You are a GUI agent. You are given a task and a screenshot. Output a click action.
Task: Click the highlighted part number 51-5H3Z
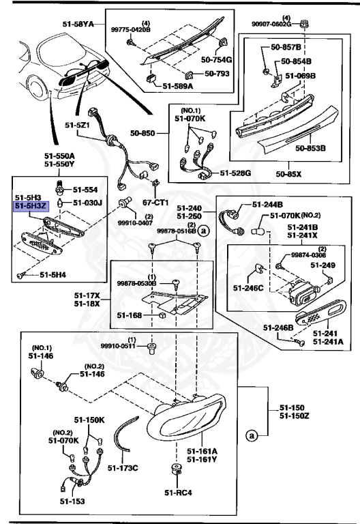pyautogui.click(x=31, y=204)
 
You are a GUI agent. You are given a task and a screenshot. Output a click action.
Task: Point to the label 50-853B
pyautogui.click(x=310, y=147)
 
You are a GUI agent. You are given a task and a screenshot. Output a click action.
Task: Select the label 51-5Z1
pyautogui.click(x=78, y=126)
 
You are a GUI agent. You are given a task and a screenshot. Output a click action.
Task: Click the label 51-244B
pyautogui.click(x=268, y=204)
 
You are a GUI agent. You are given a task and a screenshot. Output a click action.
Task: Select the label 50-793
pyautogui.click(x=211, y=72)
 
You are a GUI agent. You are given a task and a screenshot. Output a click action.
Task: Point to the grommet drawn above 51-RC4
pyautogui.click(x=176, y=470)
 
